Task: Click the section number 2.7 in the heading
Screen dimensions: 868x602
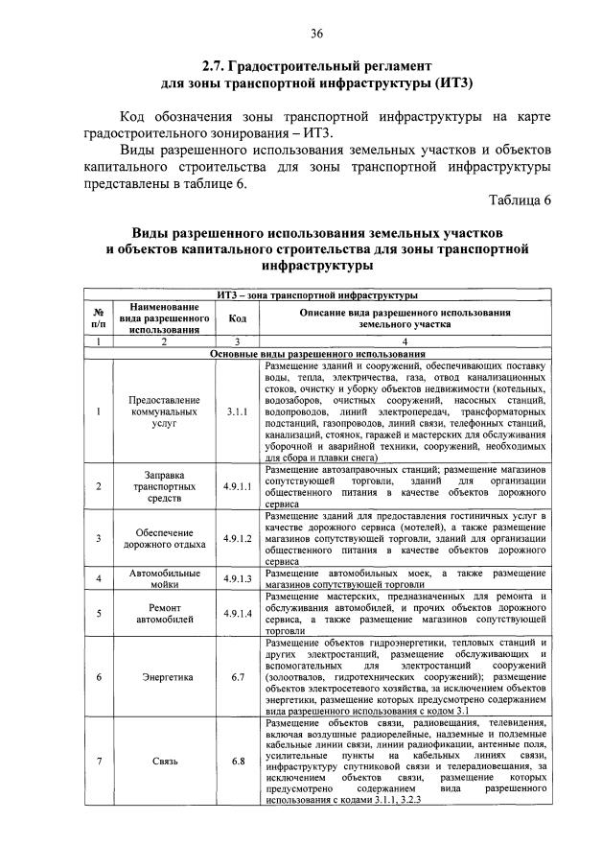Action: tap(212, 67)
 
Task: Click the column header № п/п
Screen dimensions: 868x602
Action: tap(99, 318)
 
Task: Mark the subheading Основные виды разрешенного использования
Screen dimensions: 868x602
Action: tap(317, 354)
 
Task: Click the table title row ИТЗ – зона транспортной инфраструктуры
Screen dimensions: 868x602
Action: tap(317, 294)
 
